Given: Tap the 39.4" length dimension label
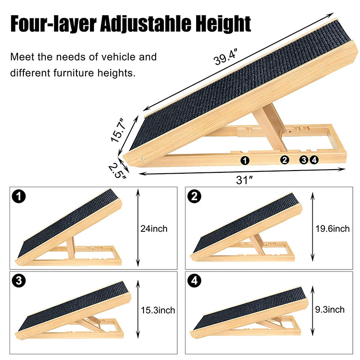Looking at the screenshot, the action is click(x=225, y=58).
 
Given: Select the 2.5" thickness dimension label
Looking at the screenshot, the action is click(x=117, y=170).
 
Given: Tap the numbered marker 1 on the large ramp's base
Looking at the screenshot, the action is click(x=245, y=160).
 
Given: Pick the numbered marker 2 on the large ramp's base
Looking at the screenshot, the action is click(x=285, y=160).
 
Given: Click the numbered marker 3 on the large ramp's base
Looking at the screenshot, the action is click(x=304, y=160).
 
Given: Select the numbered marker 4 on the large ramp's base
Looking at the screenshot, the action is click(x=314, y=160).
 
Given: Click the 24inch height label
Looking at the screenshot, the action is click(x=154, y=229).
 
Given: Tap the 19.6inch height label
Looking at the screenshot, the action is click(x=333, y=229).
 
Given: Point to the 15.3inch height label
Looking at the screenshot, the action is click(x=158, y=310).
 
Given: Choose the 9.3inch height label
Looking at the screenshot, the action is click(x=330, y=310).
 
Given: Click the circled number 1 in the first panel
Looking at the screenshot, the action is click(x=19, y=197).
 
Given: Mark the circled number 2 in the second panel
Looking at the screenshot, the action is click(x=194, y=197).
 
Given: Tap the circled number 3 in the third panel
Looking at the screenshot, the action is click(x=19, y=280).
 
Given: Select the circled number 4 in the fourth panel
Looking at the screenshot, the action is click(x=194, y=280).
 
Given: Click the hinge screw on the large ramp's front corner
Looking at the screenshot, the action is click(x=144, y=159).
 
